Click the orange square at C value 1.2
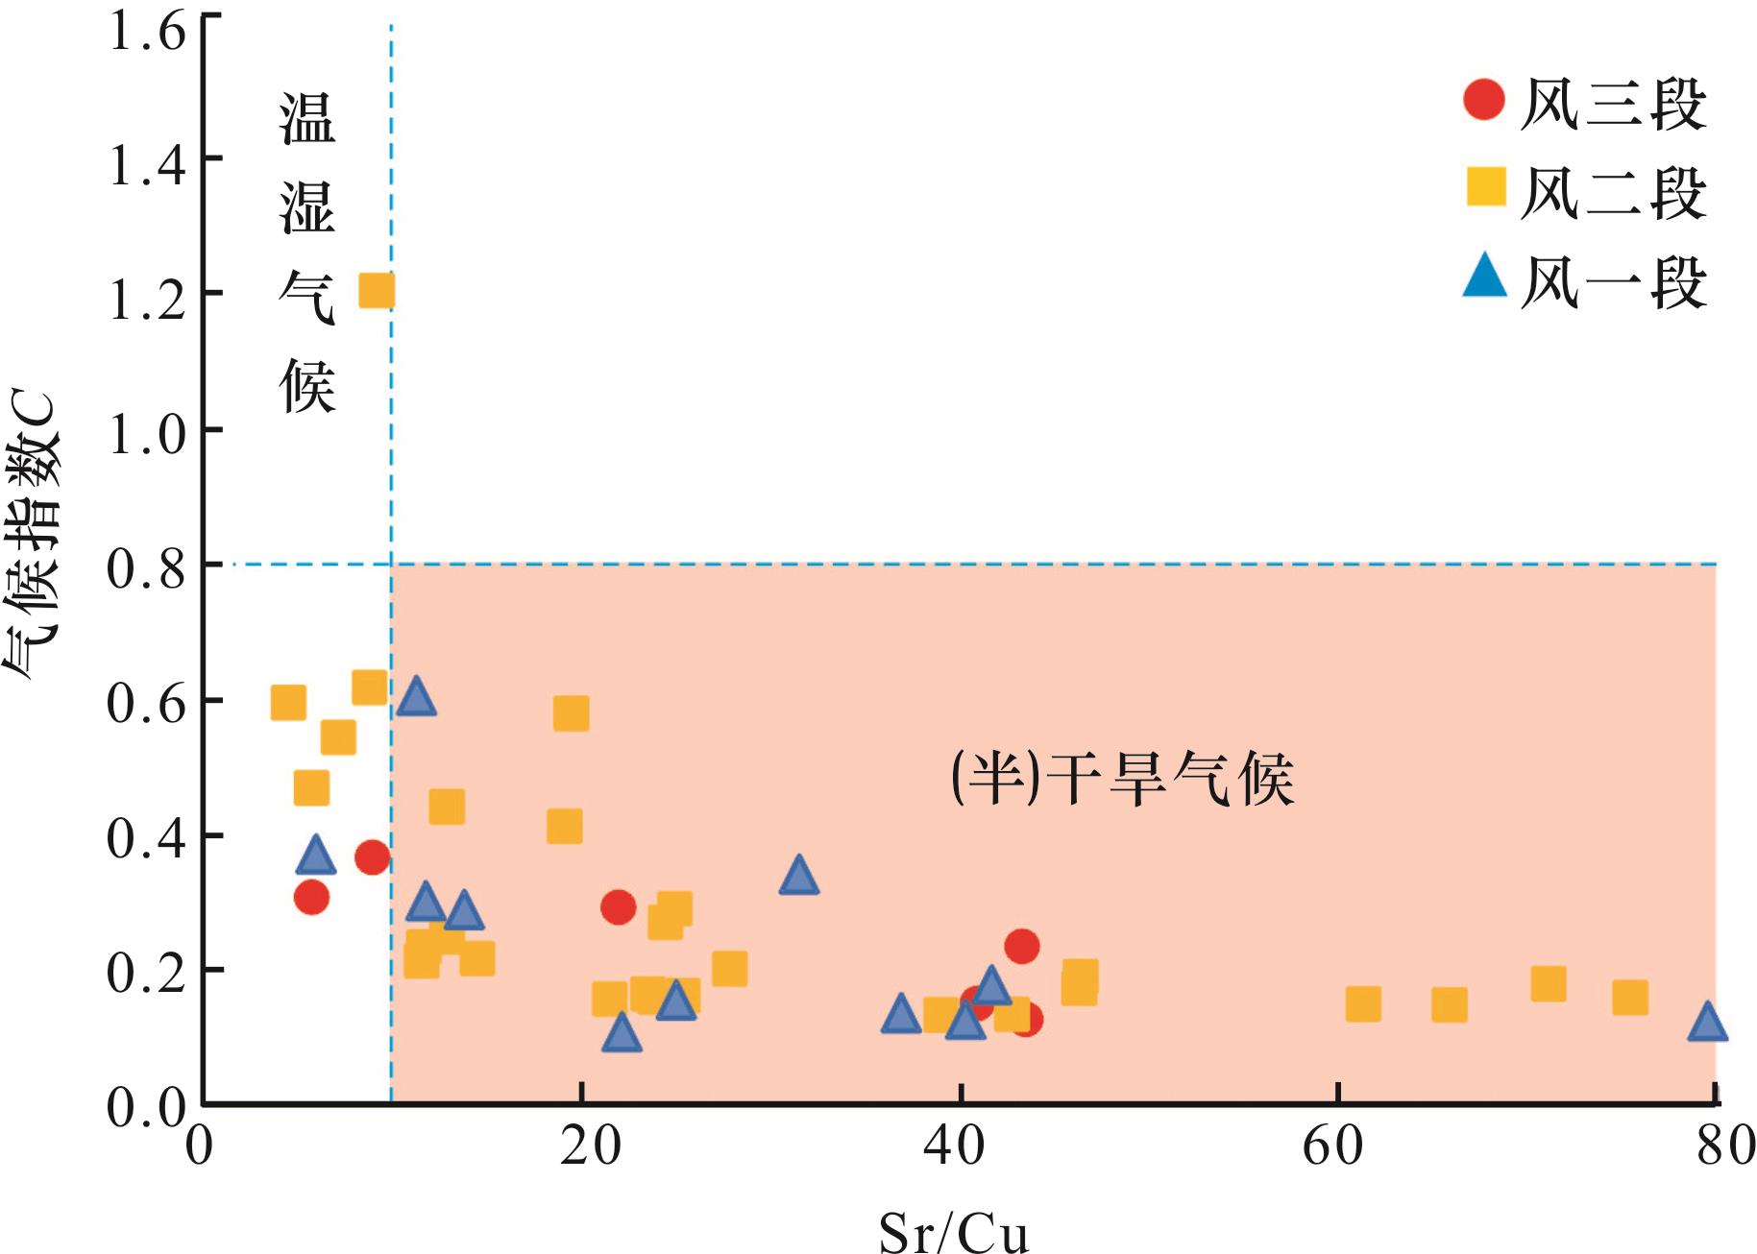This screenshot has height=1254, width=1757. (x=377, y=290)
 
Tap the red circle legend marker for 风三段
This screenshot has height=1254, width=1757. (x=1484, y=100)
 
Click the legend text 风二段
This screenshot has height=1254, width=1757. (x=1613, y=193)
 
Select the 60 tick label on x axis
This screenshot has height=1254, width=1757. (x=1334, y=1146)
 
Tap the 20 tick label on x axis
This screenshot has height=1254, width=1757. (x=590, y=1146)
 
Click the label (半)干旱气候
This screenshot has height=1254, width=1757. (x=1122, y=778)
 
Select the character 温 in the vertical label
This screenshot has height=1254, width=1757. (x=307, y=120)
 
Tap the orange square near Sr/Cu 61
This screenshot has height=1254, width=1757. (x=1362, y=1004)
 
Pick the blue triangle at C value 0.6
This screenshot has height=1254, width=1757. (x=416, y=696)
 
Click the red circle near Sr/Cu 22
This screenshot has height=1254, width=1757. (x=618, y=906)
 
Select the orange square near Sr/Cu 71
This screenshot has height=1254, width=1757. (x=1548, y=984)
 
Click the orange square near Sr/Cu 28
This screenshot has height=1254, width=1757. (x=729, y=969)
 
